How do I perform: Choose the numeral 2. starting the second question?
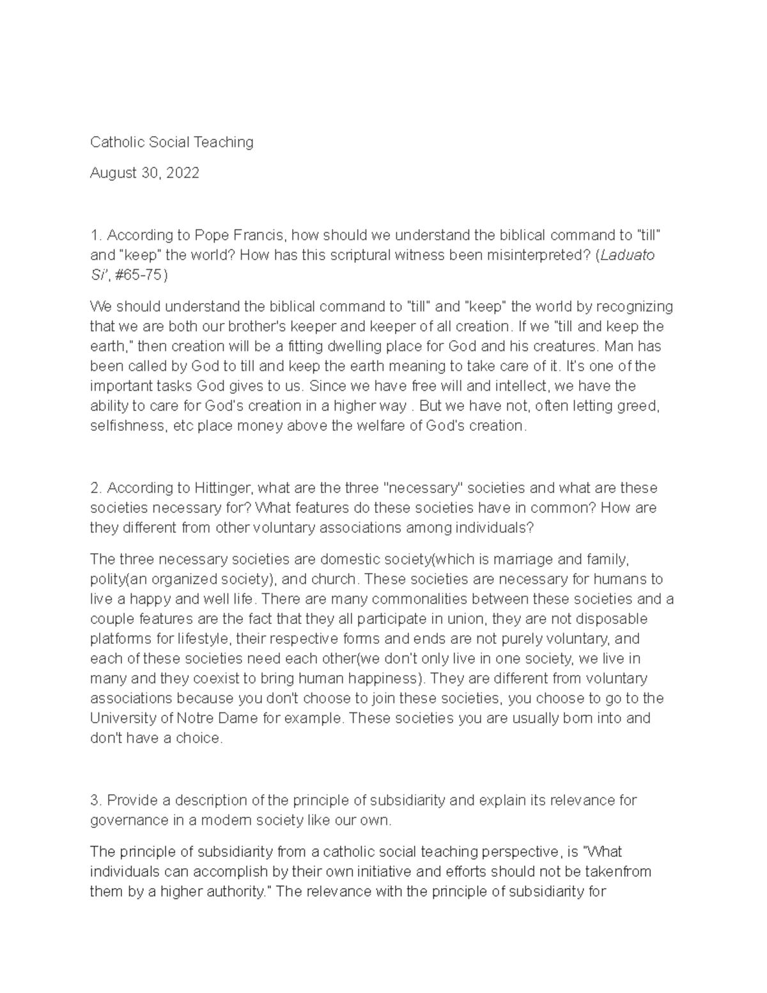(x=96, y=488)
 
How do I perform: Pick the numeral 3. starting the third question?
(x=96, y=801)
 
